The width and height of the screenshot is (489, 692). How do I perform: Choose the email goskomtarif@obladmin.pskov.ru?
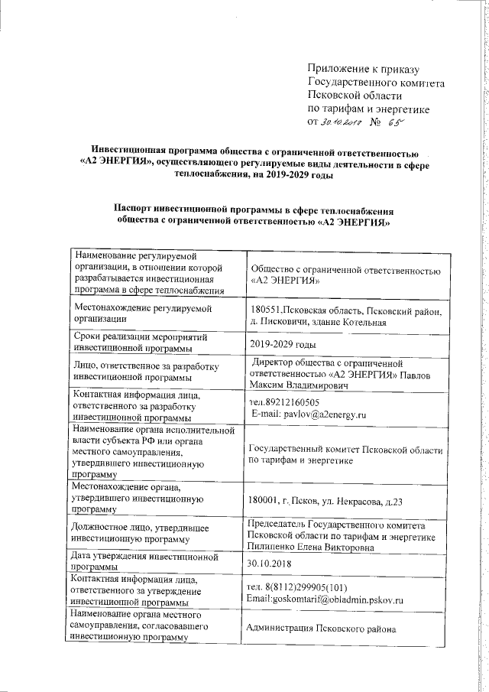(x=325, y=599)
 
